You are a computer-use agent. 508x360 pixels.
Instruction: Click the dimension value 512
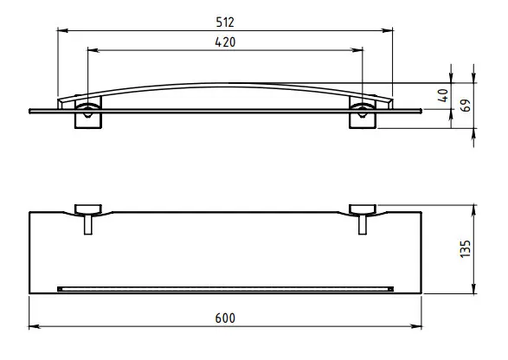(225, 22)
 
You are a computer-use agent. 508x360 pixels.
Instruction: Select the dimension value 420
(225, 42)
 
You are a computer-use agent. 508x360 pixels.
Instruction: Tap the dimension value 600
(225, 318)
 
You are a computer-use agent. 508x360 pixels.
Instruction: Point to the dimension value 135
(466, 249)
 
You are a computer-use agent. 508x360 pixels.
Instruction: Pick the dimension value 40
(443, 95)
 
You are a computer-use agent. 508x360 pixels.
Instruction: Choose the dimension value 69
(466, 106)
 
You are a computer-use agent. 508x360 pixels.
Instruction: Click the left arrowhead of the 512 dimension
(62, 31)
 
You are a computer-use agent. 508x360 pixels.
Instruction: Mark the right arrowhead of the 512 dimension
(388, 31)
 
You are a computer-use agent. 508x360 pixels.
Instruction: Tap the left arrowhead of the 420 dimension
(93, 50)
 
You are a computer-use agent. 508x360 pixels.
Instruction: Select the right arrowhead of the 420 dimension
(357, 50)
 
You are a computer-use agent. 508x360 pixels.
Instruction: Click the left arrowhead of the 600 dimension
(35, 326)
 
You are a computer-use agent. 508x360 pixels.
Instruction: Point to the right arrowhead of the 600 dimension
(416, 326)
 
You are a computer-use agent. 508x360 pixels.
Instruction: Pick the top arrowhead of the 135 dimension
(473, 210)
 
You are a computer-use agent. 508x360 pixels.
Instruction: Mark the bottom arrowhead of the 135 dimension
(473, 288)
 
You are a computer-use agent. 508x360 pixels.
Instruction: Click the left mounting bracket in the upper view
(88, 112)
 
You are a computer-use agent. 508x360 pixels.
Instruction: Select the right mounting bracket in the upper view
(363, 112)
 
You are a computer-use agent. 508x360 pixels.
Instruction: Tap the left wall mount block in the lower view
(88, 209)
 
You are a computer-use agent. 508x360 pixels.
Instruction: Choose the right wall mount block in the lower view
(363, 209)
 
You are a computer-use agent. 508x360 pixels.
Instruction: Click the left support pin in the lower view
(88, 224)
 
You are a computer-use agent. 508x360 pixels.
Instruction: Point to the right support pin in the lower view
(363, 224)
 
